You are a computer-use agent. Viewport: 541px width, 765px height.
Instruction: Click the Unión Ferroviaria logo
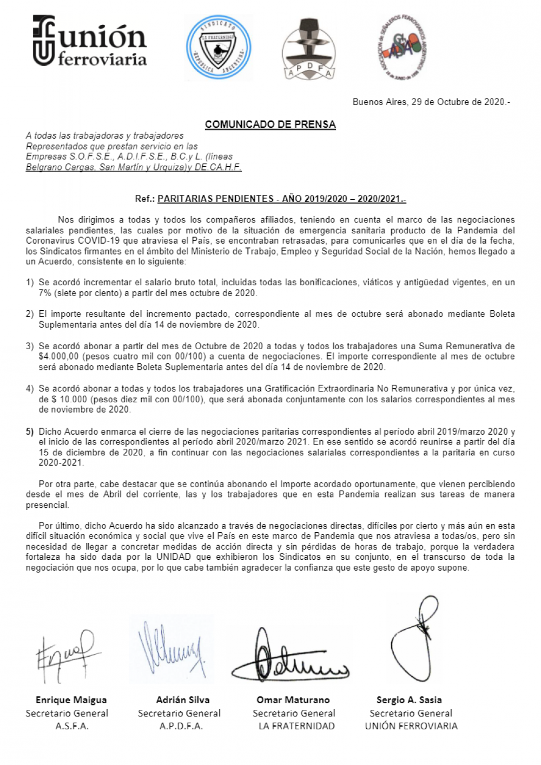(x=90, y=41)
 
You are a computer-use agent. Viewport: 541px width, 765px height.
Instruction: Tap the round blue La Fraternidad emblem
(x=218, y=47)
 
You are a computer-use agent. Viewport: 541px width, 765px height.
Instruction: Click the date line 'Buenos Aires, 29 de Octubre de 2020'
(x=431, y=102)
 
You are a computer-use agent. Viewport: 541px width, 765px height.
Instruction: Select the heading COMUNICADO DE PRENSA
(x=270, y=125)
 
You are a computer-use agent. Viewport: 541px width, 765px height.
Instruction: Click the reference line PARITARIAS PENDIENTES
(x=281, y=199)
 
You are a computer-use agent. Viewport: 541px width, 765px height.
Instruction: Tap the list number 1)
(x=30, y=283)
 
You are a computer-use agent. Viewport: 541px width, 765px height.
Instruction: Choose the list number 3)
(x=30, y=346)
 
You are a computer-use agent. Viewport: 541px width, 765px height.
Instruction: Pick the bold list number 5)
(x=30, y=431)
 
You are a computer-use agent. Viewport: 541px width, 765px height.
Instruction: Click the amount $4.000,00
(x=59, y=356)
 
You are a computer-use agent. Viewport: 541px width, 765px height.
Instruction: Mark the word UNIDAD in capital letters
(x=174, y=557)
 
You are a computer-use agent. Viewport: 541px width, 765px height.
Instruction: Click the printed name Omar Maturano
(x=293, y=700)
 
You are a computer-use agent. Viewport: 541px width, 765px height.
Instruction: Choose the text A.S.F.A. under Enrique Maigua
(x=71, y=726)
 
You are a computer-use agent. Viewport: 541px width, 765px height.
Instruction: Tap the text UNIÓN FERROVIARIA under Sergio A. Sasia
(x=411, y=726)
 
